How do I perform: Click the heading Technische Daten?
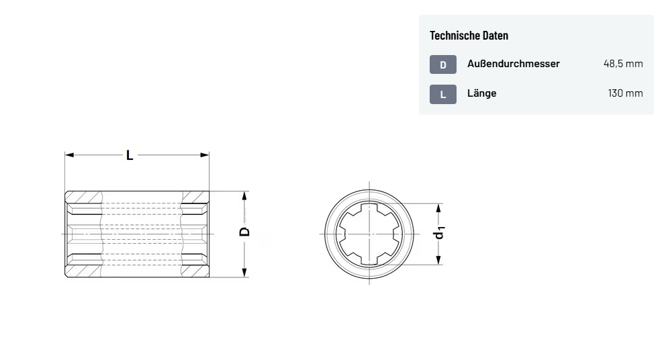(x=469, y=36)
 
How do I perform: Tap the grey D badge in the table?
(x=443, y=64)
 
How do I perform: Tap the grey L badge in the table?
(x=443, y=94)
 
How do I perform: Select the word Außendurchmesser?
(x=514, y=64)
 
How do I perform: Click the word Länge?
(x=481, y=93)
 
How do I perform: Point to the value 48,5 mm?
(x=623, y=64)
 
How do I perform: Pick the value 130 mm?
(x=625, y=93)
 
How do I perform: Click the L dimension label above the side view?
(x=130, y=155)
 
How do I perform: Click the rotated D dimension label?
(x=244, y=232)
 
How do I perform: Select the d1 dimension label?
(x=440, y=233)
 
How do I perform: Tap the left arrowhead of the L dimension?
(x=69, y=155)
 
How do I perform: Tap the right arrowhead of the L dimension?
(x=205, y=155)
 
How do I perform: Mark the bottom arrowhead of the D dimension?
(x=244, y=273)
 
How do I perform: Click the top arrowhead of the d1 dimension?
(x=439, y=208)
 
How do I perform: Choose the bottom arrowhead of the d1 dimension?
(x=439, y=260)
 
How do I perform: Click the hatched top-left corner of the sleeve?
(x=84, y=197)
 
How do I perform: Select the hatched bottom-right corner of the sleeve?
(x=195, y=271)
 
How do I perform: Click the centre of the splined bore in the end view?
(x=369, y=234)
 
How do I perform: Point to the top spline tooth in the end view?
(x=369, y=206)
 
